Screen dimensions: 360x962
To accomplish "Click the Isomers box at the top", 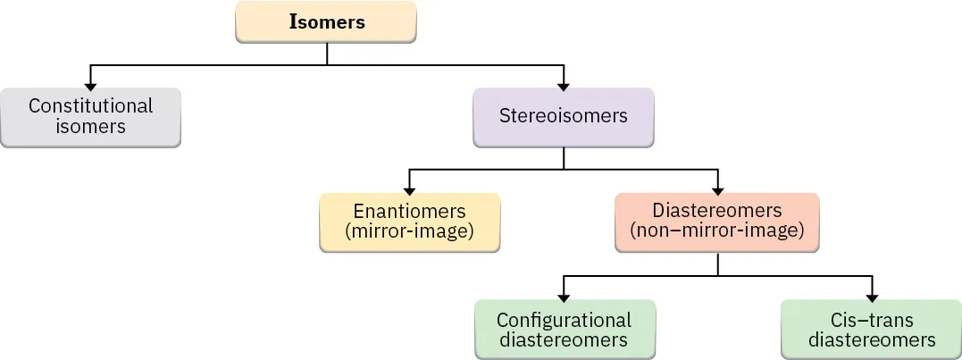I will click(x=326, y=22).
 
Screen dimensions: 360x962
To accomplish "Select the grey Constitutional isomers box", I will click(x=90, y=116).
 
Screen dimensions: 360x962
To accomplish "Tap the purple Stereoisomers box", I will click(x=563, y=116).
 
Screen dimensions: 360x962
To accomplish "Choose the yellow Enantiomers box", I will click(x=409, y=222).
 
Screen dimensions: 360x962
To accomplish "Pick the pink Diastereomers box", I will click(x=717, y=222).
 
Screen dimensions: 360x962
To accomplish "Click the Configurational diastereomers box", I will click(x=564, y=329).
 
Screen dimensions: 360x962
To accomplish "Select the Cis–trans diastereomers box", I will click(x=871, y=329).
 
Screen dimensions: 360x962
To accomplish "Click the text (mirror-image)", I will click(x=409, y=231).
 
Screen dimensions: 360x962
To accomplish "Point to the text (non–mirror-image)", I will click(x=717, y=231).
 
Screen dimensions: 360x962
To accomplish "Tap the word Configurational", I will click(x=564, y=320).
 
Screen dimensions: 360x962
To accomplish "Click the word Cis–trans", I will click(x=871, y=320).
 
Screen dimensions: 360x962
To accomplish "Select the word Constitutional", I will click(x=90, y=106).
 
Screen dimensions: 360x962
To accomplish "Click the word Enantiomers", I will click(x=409, y=212).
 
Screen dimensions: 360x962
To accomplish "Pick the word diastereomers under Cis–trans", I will click(x=871, y=339).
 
